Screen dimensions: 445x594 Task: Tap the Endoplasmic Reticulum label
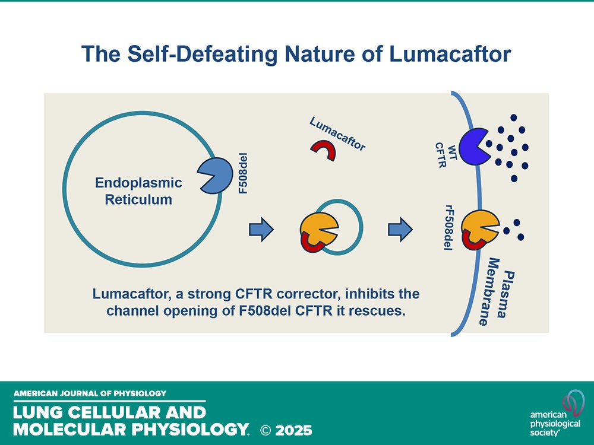point(138,192)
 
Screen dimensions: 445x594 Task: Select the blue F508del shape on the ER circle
point(217,175)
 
